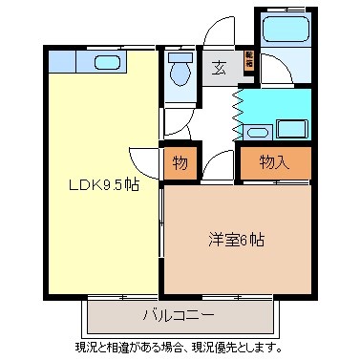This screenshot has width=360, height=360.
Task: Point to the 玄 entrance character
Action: tap(219, 67)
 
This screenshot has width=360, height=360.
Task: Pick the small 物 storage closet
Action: tap(179, 162)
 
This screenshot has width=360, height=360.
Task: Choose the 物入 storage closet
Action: tap(274, 162)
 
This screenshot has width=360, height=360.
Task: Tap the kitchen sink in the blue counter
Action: tap(104, 63)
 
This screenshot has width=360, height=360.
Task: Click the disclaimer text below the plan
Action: tap(179, 346)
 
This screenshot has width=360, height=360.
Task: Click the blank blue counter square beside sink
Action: tap(61, 63)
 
